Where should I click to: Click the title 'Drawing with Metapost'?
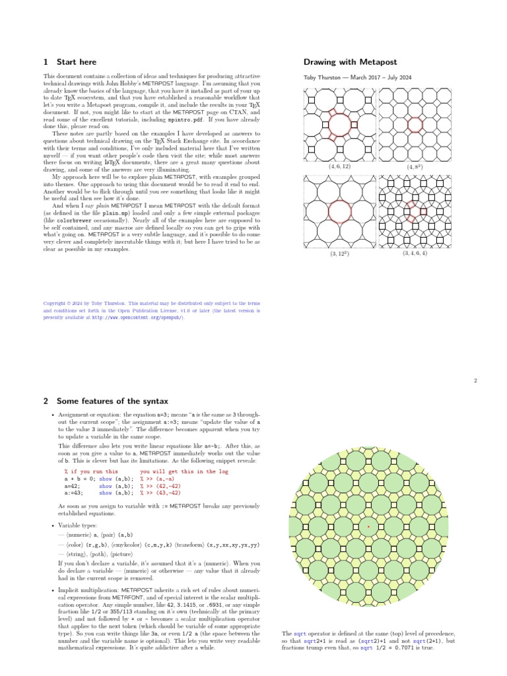(350, 62)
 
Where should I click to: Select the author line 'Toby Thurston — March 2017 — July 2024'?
(357, 78)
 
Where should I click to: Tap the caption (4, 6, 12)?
(339, 167)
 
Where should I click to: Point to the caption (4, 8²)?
(415, 168)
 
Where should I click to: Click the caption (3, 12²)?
(339, 253)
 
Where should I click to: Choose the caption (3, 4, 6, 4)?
(415, 253)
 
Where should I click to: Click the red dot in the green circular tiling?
(368, 526)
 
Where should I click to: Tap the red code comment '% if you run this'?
(91, 472)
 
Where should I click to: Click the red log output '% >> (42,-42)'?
(159, 485)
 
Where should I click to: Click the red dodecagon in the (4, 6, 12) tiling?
(339, 123)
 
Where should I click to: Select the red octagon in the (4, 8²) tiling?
(415, 123)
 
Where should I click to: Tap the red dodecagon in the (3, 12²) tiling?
(339, 211)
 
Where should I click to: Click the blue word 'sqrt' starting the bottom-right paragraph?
(299, 633)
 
